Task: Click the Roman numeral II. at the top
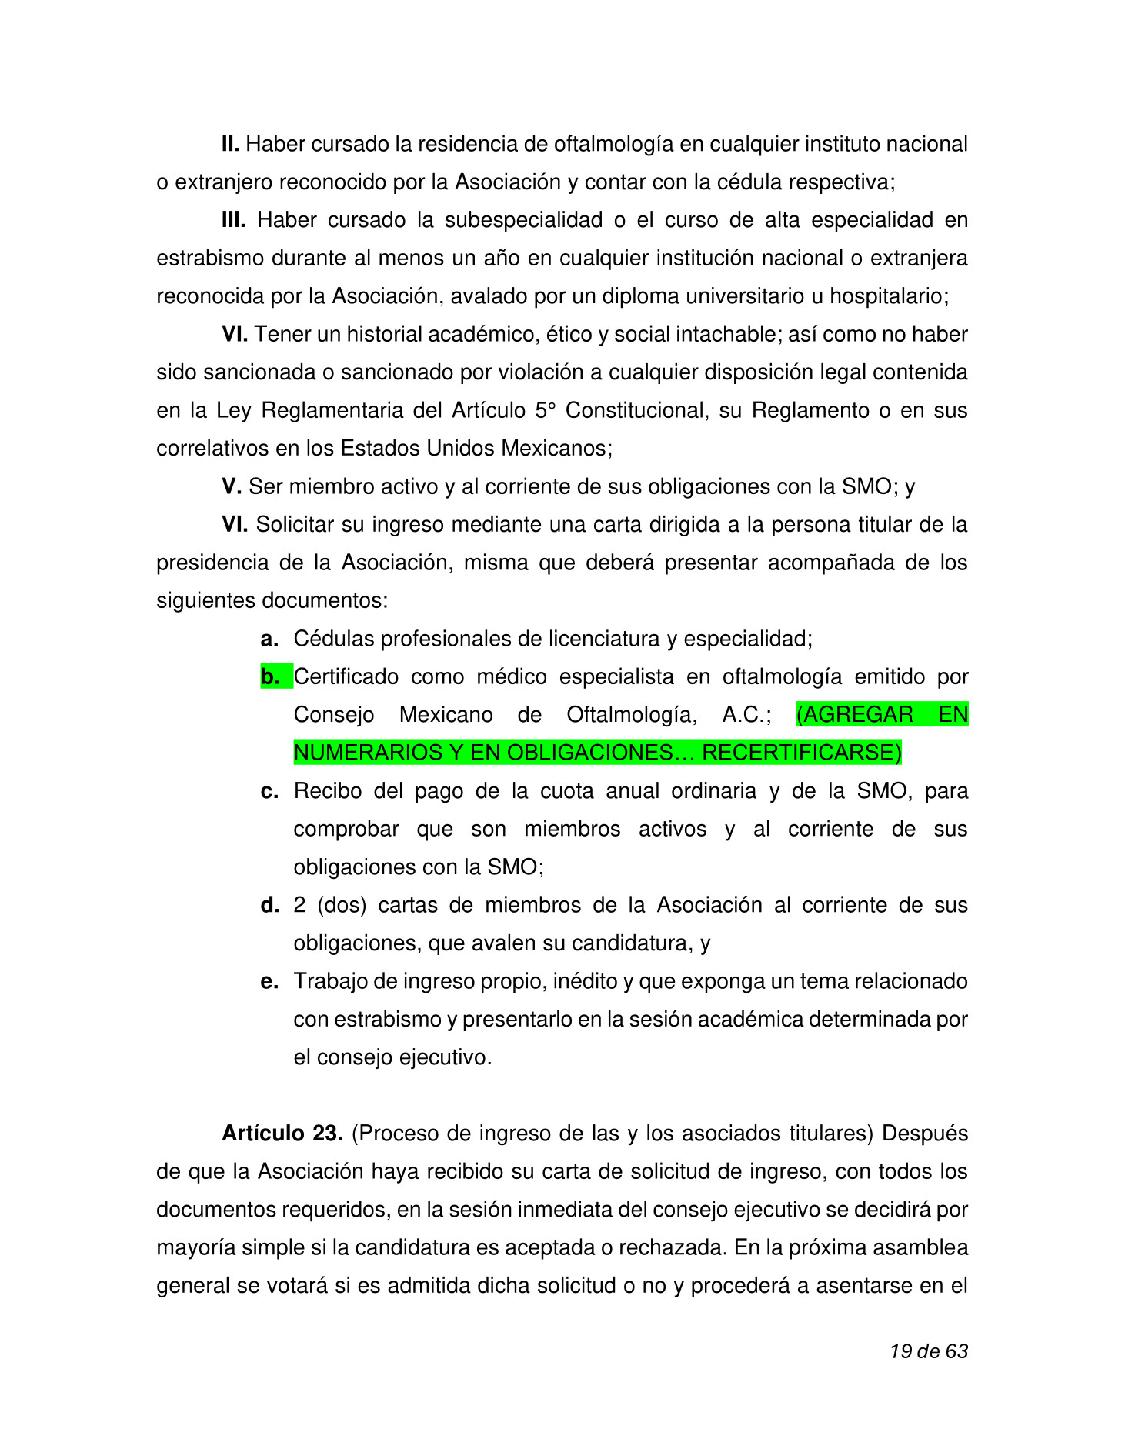230,144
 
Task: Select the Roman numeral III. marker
233,220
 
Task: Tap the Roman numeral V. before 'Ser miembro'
232,486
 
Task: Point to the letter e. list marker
269,982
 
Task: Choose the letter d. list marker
270,906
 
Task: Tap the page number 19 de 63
929,1351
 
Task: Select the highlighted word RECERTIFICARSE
801,753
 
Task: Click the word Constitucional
636,410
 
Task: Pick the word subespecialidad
523,220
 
